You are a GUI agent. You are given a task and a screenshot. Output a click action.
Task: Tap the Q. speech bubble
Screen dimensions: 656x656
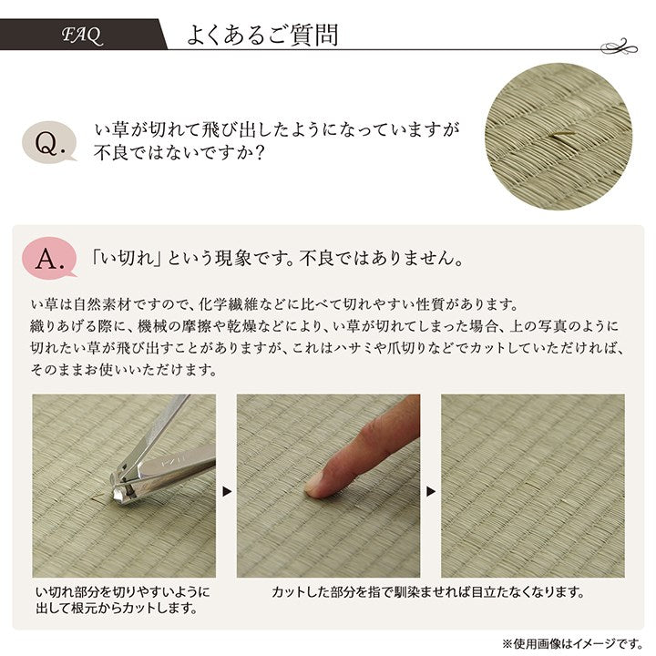coord(50,141)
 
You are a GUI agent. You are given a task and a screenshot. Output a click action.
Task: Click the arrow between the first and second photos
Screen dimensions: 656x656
coord(226,491)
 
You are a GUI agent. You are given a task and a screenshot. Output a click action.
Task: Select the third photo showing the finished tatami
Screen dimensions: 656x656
coord(532,486)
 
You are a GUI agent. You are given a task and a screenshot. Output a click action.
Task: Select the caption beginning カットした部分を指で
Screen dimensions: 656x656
coord(428,591)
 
